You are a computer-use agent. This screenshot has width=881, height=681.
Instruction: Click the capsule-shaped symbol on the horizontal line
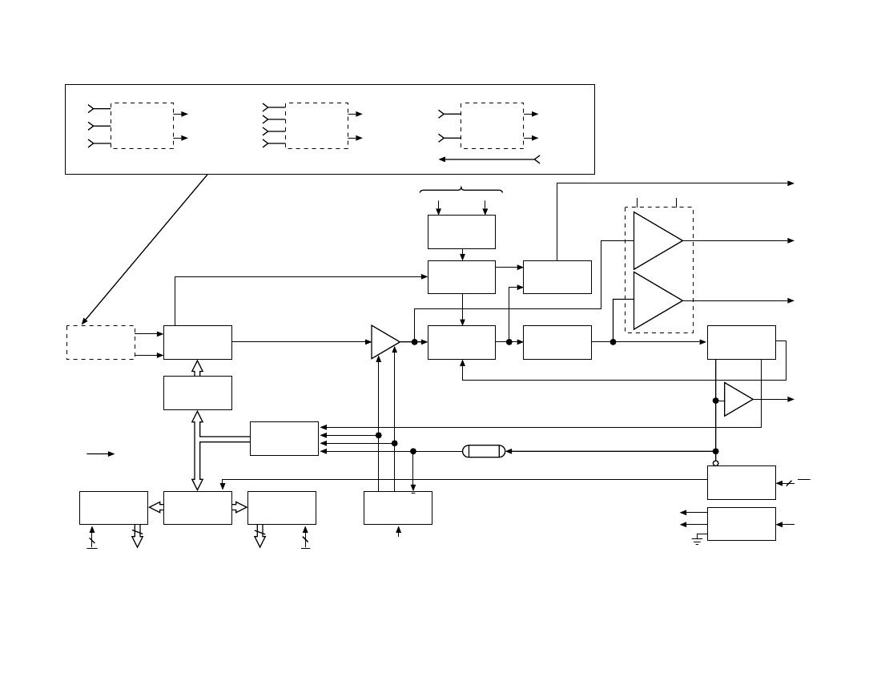point(484,451)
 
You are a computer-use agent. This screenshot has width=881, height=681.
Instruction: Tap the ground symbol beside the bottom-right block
point(698,541)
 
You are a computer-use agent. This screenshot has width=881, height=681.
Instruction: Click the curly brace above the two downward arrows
point(461,191)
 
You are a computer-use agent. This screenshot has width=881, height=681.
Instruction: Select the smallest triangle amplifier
point(738,399)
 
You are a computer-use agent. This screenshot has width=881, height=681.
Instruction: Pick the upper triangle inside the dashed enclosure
point(657,240)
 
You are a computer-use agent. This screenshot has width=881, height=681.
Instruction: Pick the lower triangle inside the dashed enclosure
point(657,300)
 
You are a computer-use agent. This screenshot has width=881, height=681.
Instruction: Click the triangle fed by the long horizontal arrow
point(384,342)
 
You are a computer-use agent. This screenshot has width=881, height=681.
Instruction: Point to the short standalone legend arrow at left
point(101,454)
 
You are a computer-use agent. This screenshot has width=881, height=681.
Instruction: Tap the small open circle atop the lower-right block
point(716,462)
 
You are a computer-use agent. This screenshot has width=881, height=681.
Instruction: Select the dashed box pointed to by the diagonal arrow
point(100,342)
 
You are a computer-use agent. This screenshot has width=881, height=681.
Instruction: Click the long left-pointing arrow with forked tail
point(489,159)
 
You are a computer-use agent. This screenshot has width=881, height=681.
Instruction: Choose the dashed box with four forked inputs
point(317,125)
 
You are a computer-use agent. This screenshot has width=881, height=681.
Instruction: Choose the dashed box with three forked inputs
point(143,125)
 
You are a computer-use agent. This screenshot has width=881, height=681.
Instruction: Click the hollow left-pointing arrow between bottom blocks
point(155,508)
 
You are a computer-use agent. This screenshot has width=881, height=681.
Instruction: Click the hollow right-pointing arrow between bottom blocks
point(240,508)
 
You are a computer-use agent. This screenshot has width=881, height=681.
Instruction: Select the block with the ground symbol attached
point(741,524)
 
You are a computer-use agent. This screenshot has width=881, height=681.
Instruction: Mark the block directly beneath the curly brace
point(461,232)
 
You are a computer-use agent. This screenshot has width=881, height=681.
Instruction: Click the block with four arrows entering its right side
point(284,438)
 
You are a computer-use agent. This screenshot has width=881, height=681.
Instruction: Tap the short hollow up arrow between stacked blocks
point(198,368)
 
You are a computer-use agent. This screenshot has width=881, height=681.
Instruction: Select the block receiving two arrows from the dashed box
point(198,342)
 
